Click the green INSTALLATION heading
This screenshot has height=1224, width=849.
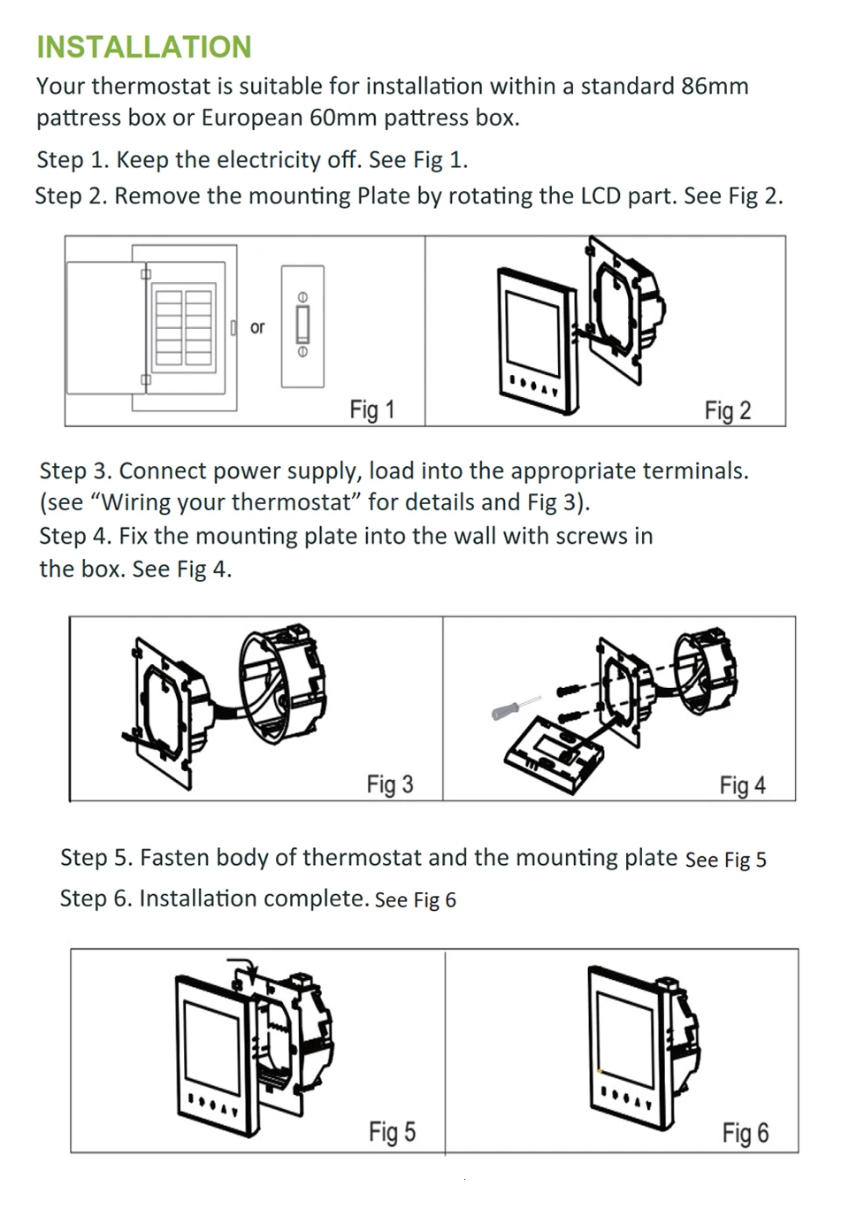coord(144,47)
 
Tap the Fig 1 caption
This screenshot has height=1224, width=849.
coord(371,409)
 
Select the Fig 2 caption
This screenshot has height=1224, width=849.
coord(727,410)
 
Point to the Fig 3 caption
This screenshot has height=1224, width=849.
coord(390,784)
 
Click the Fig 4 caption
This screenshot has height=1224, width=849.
coord(742,785)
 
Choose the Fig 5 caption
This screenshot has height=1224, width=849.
coord(392,1132)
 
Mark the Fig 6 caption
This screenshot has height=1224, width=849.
coord(745,1133)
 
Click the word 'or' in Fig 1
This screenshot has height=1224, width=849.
coord(257,327)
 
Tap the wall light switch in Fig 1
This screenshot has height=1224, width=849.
coord(302,326)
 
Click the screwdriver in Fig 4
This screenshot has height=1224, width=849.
coord(515,707)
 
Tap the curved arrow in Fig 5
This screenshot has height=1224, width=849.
coord(244,966)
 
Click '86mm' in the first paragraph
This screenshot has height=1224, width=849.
coord(715,86)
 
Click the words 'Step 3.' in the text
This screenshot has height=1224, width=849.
coord(75,470)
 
